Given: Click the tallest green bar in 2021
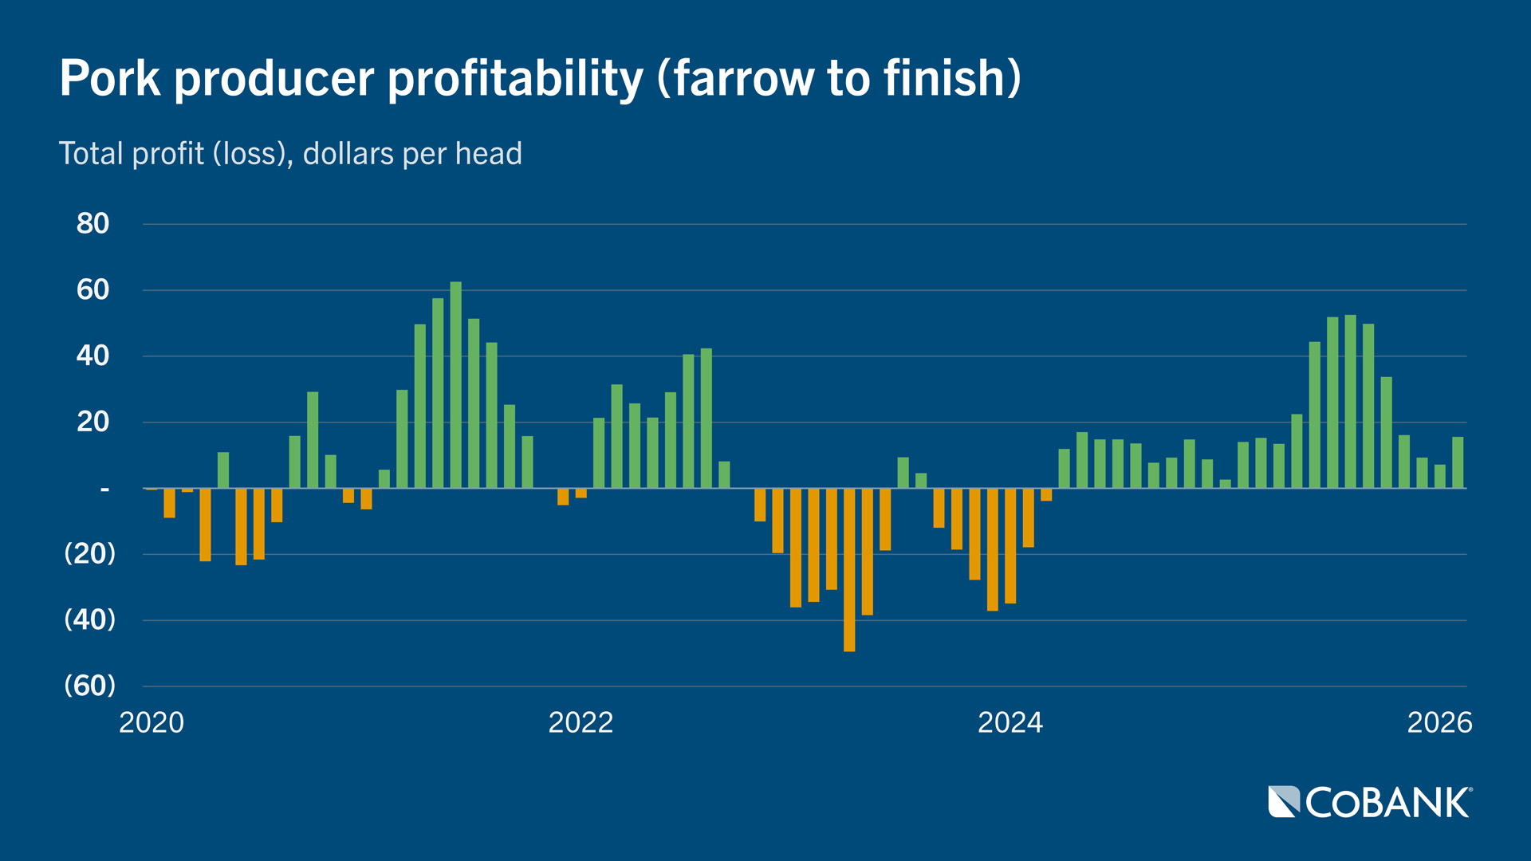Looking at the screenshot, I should point(455,384).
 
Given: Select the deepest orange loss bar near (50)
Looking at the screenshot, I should point(849,570).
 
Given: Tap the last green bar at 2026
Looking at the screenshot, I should point(1458,462).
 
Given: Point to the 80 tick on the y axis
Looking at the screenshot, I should point(92,224).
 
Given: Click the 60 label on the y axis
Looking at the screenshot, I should point(92,290).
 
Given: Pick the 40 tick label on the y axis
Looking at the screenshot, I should point(92,356).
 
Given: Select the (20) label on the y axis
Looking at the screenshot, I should point(89,553).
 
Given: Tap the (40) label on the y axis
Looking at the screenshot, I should point(89,619).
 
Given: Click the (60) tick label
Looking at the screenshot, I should point(89,686).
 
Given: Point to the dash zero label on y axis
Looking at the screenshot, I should point(104,488).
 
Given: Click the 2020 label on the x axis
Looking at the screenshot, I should point(152,722).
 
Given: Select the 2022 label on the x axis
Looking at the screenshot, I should point(581,722).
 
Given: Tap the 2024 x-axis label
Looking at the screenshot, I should point(1010,722).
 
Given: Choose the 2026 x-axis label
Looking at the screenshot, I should point(1439,722).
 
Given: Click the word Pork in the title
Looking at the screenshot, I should point(110,78).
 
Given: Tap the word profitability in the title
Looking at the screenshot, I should point(515,80).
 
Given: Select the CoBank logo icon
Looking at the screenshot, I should point(1284,802).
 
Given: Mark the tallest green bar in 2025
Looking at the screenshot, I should point(1350,402).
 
